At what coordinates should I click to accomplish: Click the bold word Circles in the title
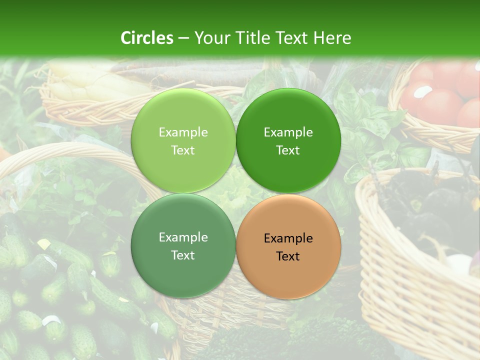click(x=146, y=37)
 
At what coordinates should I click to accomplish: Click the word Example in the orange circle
click(x=288, y=238)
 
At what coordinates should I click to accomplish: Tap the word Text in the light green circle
click(x=183, y=150)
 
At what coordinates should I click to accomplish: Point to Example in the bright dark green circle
click(x=288, y=132)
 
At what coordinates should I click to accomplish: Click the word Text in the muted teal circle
click(x=183, y=255)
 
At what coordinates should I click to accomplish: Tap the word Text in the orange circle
click(x=288, y=256)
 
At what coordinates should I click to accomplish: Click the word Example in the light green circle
click(x=183, y=132)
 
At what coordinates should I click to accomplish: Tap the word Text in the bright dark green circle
click(x=288, y=150)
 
